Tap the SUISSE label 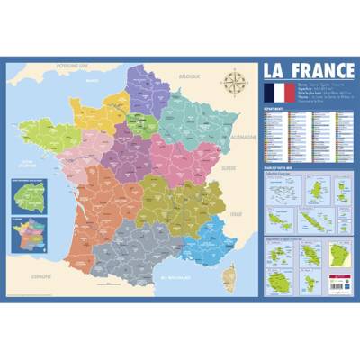click(x=232, y=167)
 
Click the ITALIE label click(x=237, y=213)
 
